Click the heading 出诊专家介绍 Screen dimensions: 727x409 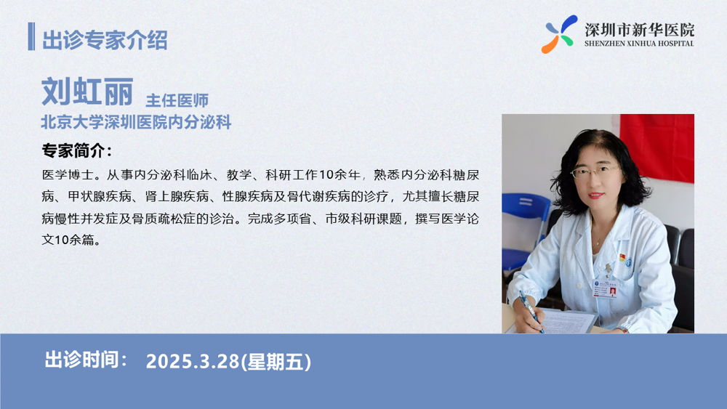[x=105, y=40]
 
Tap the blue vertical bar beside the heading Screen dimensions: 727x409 [x=31, y=36]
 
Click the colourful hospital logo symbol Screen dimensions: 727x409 [x=560, y=34]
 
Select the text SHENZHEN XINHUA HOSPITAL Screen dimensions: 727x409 [x=639, y=44]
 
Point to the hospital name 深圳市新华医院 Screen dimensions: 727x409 [x=639, y=30]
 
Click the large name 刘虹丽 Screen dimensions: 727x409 [x=87, y=92]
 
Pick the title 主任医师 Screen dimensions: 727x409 [x=177, y=100]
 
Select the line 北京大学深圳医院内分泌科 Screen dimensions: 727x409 [x=136, y=122]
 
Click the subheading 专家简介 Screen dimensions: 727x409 [x=77, y=150]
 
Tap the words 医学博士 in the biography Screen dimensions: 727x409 [x=68, y=174]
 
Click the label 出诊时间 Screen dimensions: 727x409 [x=86, y=360]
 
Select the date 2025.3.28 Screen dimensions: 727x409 [x=193, y=362]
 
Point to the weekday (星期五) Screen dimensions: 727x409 [x=276, y=362]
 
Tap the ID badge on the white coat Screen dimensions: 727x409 [x=606, y=288]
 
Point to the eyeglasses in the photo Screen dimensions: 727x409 [x=595, y=172]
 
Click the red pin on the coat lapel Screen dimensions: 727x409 [x=622, y=257]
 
